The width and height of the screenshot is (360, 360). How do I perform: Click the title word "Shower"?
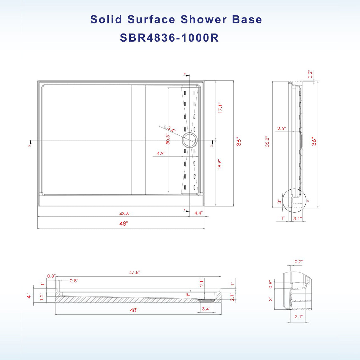(204, 20)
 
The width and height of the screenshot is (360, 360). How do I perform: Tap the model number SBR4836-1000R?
(169, 38)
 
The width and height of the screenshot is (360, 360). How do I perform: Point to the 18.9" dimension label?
(220, 165)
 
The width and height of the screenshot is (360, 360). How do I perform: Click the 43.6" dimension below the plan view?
(125, 214)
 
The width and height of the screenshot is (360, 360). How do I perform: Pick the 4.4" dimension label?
(198, 213)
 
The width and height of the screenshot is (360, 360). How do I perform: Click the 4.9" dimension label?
(161, 154)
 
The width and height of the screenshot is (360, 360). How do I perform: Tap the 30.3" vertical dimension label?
(168, 139)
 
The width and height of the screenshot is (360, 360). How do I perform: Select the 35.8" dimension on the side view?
(267, 142)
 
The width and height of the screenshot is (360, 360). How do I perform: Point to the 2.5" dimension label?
(281, 128)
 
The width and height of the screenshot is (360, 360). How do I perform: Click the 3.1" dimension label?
(298, 218)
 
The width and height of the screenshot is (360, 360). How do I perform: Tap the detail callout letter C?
(308, 201)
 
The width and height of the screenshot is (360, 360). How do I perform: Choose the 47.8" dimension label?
(135, 272)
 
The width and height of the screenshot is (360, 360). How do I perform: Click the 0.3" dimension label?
(51, 276)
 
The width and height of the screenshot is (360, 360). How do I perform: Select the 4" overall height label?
(29, 296)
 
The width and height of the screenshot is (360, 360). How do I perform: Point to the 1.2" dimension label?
(42, 297)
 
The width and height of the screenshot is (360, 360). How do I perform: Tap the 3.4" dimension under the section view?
(206, 309)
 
